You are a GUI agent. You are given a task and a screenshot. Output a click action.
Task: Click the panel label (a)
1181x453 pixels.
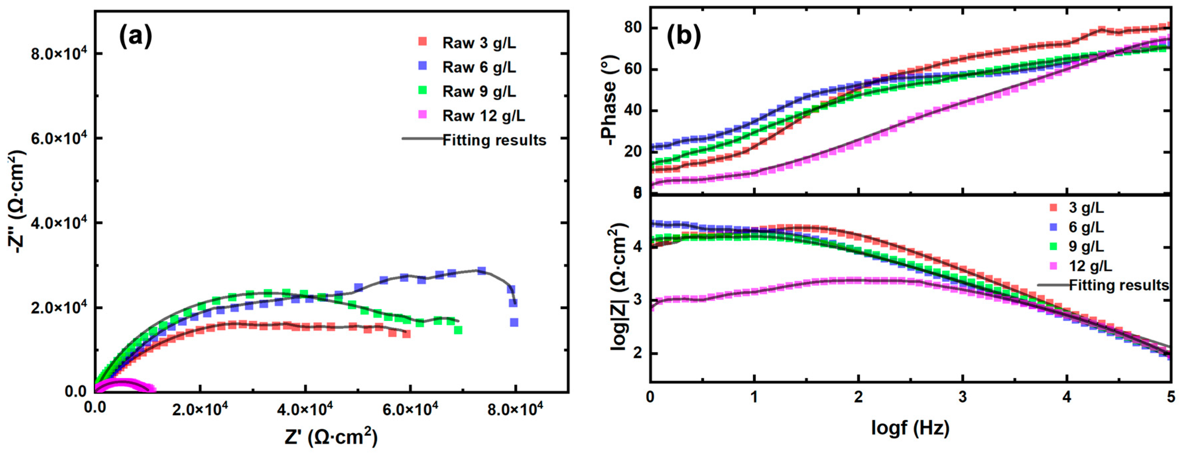pos(135,37)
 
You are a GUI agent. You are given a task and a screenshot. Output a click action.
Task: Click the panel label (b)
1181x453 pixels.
pos(683,36)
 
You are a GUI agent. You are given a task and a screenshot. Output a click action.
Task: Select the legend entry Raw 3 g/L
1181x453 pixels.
pos(478,43)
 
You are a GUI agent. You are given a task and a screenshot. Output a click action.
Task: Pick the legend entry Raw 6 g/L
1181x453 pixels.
pos(478,67)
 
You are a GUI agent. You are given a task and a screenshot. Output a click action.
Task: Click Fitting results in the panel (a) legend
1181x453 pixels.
pos(494,140)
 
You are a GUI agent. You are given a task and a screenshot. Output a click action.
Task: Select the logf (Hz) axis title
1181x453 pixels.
pos(910,427)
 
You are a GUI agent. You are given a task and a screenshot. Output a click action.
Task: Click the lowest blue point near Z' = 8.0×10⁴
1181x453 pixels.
pos(514,322)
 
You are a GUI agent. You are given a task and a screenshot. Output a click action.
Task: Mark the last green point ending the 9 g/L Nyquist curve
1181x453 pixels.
pos(458,330)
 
